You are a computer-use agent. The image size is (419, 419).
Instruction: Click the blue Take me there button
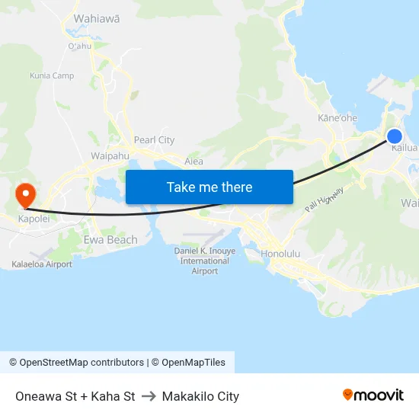209,187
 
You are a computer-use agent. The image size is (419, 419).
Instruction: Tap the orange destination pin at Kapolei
25,194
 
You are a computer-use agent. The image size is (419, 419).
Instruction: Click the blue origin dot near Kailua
394,136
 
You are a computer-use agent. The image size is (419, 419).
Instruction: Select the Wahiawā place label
96,18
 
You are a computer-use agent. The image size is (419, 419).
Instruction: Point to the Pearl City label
154,140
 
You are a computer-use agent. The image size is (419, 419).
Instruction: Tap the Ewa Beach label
110,240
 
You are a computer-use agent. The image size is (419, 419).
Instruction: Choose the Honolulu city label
281,253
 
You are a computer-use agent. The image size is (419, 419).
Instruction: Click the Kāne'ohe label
337,118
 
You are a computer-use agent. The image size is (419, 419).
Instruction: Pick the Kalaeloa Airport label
42,264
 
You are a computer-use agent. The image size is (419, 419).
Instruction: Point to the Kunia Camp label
52,75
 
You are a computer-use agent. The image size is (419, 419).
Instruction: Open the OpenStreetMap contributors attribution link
77,363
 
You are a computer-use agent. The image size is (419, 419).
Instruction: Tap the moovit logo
373,395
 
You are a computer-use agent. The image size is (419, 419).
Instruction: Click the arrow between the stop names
148,396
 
